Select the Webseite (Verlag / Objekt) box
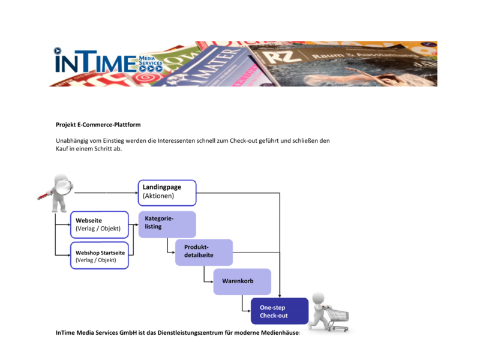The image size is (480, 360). coord(100,224)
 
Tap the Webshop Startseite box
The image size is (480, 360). coord(100,256)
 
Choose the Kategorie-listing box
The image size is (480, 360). coord(167,224)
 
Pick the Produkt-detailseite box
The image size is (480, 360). coord(204,252)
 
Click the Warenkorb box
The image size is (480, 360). coord(242,281)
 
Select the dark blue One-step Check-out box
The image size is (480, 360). coord(280,311)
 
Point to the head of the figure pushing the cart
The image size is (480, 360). coord(318,298)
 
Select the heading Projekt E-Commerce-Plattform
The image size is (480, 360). coord(98,125)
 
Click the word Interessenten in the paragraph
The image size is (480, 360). coord(177,140)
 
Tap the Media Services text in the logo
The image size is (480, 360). coord(151,61)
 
